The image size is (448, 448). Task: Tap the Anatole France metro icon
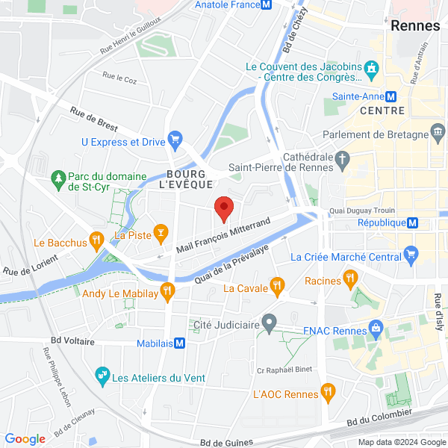click(x=266, y=4)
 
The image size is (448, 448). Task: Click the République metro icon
click(x=412, y=223)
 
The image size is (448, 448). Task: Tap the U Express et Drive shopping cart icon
click(x=175, y=140)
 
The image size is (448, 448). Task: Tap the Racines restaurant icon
click(x=349, y=280)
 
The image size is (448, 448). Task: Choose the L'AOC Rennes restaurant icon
click(x=327, y=393)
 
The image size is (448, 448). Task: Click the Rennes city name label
click(x=415, y=25)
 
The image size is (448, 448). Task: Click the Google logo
click(x=25, y=439)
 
